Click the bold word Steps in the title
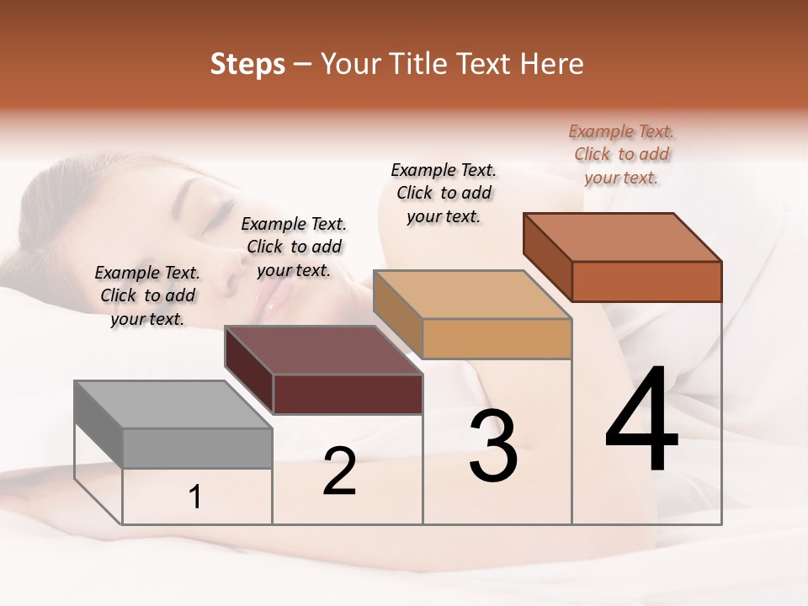tap(247, 65)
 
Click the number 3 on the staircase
tap(493, 447)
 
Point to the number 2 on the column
tap(339, 471)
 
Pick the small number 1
tap(194, 497)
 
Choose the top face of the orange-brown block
tap(622, 237)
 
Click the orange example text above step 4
tap(621, 154)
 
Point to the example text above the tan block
tap(444, 193)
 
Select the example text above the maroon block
tap(294, 247)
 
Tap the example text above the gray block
tap(147, 295)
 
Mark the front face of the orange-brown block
tap(646, 281)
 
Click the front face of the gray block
tap(198, 448)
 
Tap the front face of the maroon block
tap(348, 394)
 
